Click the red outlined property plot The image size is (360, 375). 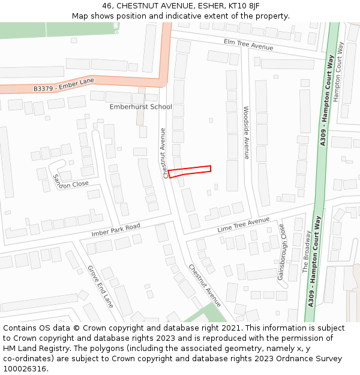190,171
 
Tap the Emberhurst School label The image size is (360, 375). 140,107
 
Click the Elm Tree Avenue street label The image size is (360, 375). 248,44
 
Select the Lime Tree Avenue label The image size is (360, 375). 244,225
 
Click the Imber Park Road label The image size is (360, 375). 115,229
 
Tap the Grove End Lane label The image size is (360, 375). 100,286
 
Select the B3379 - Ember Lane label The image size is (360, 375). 64,85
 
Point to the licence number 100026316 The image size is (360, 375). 25,368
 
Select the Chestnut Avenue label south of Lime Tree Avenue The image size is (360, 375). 204,284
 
